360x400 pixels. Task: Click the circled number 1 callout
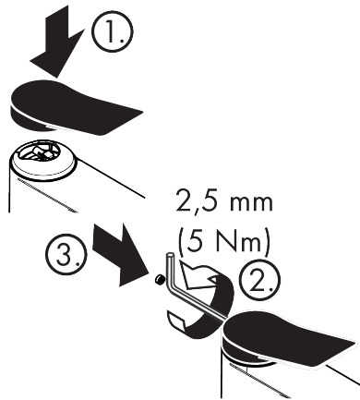click(113, 32)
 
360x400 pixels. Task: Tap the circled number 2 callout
click(260, 281)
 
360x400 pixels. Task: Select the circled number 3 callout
click(66, 254)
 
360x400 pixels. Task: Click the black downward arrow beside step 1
click(57, 44)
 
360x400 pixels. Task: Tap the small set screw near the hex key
click(160, 279)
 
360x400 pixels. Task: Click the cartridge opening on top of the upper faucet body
click(39, 153)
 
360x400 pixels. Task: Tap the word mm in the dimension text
click(251, 204)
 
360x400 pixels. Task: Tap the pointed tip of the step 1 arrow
click(56, 78)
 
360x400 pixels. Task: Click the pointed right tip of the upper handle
click(142, 111)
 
